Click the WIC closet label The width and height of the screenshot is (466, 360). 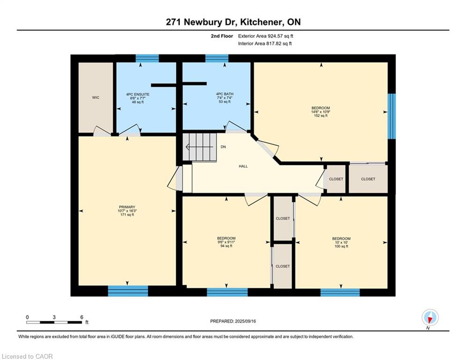pyautogui.click(x=96, y=97)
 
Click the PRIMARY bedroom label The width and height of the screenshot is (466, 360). pyautogui.click(x=126, y=207)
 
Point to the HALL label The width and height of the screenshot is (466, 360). pyautogui.click(x=243, y=166)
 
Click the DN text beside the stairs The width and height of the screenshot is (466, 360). pyautogui.click(x=223, y=147)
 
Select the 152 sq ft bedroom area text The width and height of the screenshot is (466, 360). pyautogui.click(x=321, y=116)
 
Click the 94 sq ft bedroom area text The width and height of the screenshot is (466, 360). pyautogui.click(x=226, y=246)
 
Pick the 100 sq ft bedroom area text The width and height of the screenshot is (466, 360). pyautogui.click(x=341, y=246)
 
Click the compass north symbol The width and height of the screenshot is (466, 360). pyautogui.click(x=429, y=318)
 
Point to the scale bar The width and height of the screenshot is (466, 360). pyautogui.click(x=54, y=322)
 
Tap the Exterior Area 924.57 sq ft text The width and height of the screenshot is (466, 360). pyautogui.click(x=266, y=36)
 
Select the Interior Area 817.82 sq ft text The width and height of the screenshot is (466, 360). pyautogui.click(x=265, y=44)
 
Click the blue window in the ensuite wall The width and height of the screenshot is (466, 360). pyautogui.click(x=147, y=58)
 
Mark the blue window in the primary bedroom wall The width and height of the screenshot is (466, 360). pyautogui.click(x=128, y=291)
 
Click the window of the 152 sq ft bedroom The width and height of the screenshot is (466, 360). pyautogui.click(x=392, y=116)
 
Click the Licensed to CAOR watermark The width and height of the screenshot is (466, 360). pyautogui.click(x=28, y=356)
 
